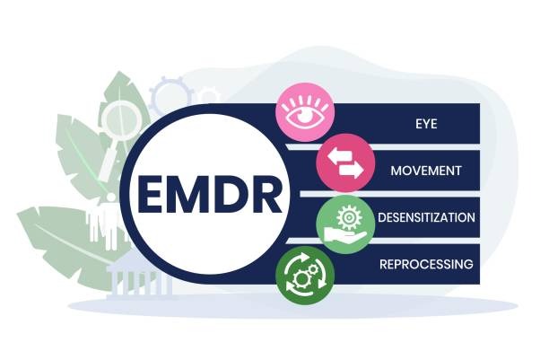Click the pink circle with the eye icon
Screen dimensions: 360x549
(x=305, y=115)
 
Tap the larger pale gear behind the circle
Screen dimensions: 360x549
(x=169, y=93)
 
